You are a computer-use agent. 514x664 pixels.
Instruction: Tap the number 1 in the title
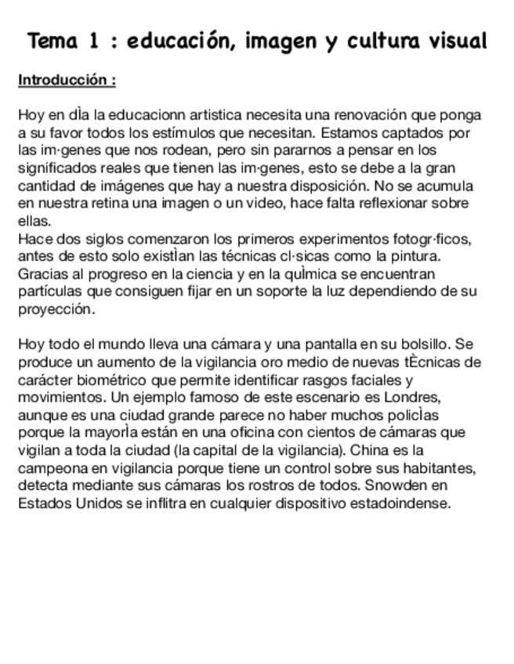click(x=94, y=41)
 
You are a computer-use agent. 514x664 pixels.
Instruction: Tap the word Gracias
click(x=41, y=273)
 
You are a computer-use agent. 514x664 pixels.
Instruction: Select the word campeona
click(x=50, y=467)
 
